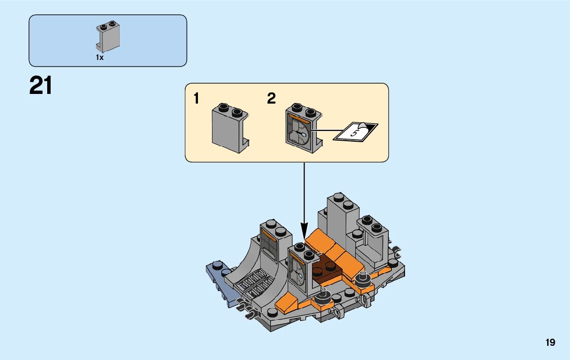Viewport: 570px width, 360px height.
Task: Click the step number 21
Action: tap(41, 86)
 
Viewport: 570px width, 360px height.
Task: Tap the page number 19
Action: tap(550, 343)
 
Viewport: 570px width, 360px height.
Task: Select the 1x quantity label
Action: tap(99, 58)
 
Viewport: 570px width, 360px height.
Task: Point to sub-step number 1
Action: tap(196, 99)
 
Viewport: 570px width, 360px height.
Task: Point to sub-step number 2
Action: tap(271, 99)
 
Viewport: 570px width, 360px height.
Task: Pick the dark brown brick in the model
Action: tap(325, 272)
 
